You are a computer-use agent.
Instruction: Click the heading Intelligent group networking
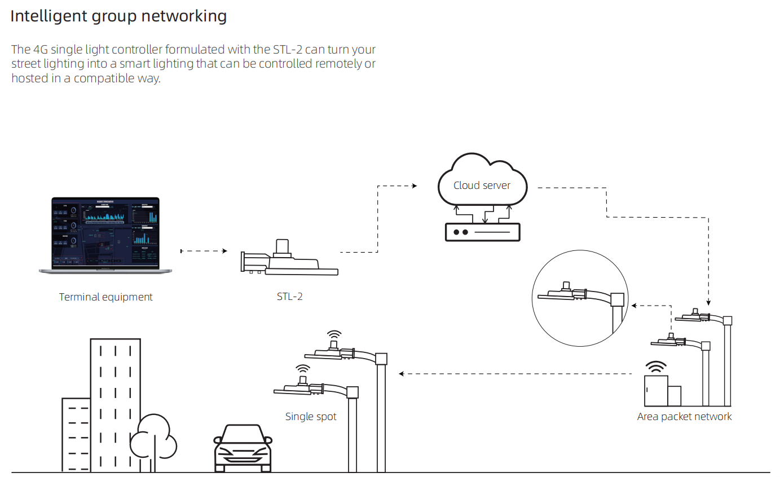118,16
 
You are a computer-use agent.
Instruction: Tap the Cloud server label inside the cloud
482,185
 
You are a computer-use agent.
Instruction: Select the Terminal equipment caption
106,297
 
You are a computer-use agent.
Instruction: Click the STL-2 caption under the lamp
289,297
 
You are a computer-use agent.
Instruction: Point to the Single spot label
311,417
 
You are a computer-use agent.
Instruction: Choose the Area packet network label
684,417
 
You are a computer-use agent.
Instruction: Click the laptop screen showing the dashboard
105,232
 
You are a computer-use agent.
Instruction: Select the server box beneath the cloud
482,232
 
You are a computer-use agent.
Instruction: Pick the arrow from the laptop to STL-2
203,251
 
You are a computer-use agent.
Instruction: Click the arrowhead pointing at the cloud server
415,185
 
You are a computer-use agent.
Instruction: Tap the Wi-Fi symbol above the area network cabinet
656,368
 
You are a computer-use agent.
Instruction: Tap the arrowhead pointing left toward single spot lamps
401,373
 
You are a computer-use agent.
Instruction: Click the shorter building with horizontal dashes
76,434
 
